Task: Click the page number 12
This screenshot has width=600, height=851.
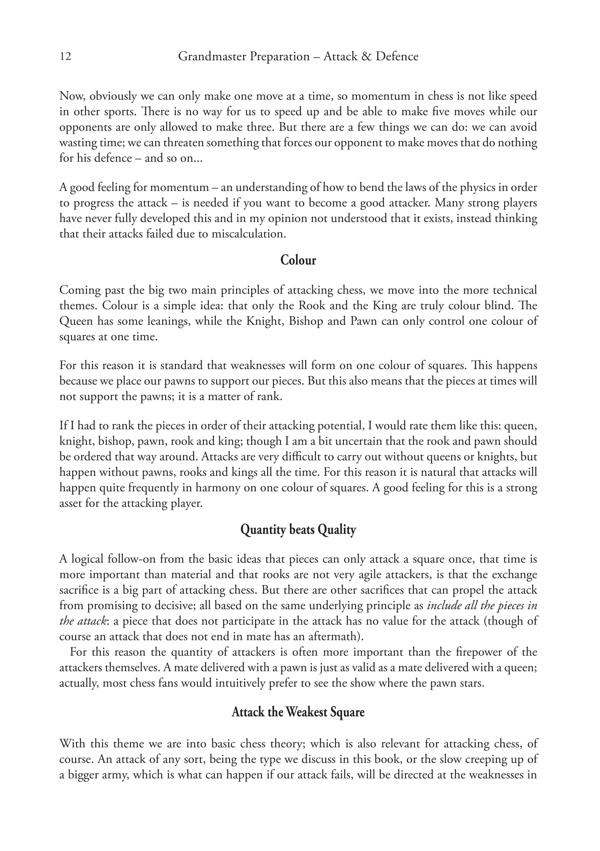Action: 65,57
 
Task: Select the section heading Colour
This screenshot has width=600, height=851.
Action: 298,260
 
